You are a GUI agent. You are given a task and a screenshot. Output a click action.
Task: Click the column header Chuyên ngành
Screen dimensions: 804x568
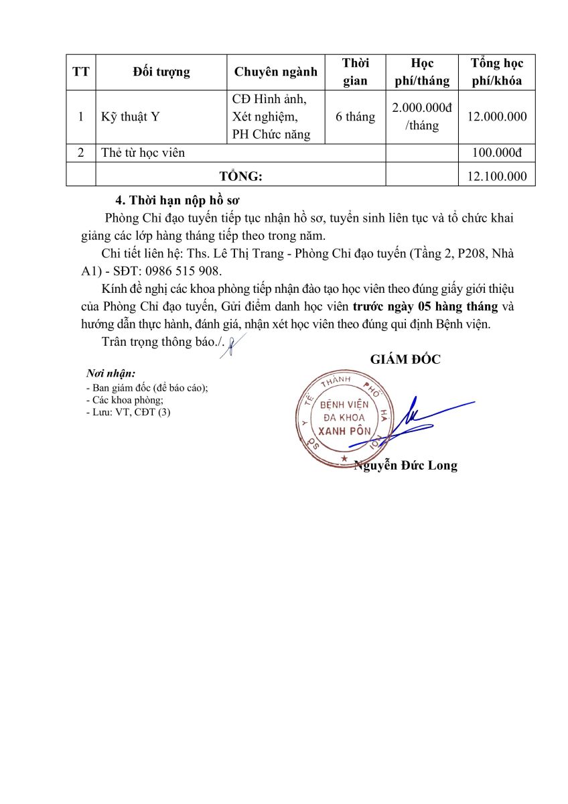pos(275,72)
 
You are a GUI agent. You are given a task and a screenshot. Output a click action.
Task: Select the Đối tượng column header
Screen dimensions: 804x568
pos(161,72)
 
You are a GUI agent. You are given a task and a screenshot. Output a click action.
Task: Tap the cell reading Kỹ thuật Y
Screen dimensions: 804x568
pos(131,117)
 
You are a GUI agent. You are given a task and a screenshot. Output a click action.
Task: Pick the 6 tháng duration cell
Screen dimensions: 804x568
pos(355,117)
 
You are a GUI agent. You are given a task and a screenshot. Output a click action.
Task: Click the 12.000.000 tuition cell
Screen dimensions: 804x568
pos(497,117)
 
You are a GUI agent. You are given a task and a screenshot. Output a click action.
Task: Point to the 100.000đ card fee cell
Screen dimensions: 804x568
pos(497,153)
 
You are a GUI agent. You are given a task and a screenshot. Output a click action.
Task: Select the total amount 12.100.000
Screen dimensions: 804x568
pos(497,176)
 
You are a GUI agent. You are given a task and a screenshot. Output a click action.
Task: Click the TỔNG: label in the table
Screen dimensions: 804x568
pos(241,176)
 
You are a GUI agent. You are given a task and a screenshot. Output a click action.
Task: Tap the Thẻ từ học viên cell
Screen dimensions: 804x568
pos(143,153)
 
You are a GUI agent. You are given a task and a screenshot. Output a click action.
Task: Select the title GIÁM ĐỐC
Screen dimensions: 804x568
pos(405,359)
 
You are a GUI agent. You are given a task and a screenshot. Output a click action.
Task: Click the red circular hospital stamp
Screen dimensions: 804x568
pos(342,419)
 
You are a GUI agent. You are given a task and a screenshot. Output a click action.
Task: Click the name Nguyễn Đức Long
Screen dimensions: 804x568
pos(405,466)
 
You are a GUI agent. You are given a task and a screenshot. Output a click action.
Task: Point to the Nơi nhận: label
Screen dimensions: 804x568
pos(111,373)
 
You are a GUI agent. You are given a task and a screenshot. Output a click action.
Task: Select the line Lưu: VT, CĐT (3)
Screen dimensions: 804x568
pos(129,412)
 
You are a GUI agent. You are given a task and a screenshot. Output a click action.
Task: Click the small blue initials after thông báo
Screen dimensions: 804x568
pos(231,346)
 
